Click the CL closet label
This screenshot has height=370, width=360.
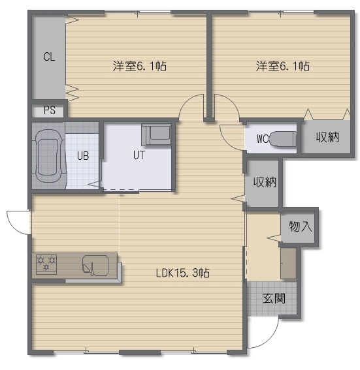click(x=50, y=57)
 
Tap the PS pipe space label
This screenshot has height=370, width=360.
click(x=50, y=110)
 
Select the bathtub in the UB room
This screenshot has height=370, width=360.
click(x=49, y=156)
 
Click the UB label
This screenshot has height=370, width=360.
click(x=83, y=156)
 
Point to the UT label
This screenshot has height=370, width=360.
click(x=139, y=155)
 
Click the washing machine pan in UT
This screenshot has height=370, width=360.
click(x=156, y=134)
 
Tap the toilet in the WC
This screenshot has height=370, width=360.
click(x=283, y=139)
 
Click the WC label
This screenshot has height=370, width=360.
click(x=263, y=139)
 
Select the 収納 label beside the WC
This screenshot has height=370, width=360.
click(x=327, y=137)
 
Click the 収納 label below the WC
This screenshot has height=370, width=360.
click(x=265, y=182)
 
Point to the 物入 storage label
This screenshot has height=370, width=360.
click(x=301, y=226)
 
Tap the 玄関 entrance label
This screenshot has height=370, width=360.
click(x=274, y=298)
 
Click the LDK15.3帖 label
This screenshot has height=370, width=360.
click(x=183, y=273)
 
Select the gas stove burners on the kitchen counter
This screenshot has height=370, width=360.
click(x=46, y=264)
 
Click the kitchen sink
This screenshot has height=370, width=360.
click(x=95, y=266)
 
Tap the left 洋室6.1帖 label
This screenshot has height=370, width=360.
click(x=140, y=67)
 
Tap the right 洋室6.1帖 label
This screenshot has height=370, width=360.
click(x=283, y=67)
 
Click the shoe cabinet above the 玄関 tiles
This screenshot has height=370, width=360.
click(x=288, y=263)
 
